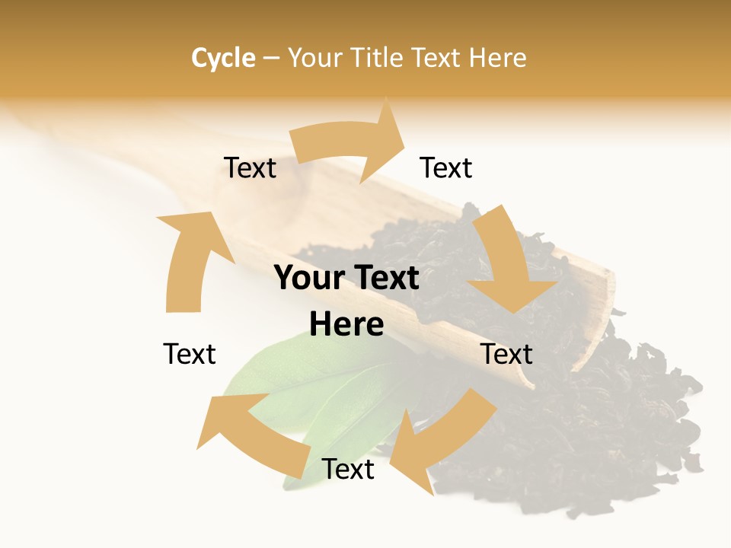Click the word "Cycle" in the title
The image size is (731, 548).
click(x=223, y=58)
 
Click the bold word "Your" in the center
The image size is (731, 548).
click(x=308, y=279)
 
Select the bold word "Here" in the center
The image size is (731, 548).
click(x=346, y=324)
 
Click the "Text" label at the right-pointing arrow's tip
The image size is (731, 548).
click(x=446, y=167)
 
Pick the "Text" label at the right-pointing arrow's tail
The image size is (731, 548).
click(x=250, y=167)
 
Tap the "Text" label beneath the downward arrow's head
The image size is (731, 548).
click(x=507, y=354)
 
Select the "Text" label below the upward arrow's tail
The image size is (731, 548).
click(x=190, y=354)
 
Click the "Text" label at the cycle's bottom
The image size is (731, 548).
click(x=348, y=469)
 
